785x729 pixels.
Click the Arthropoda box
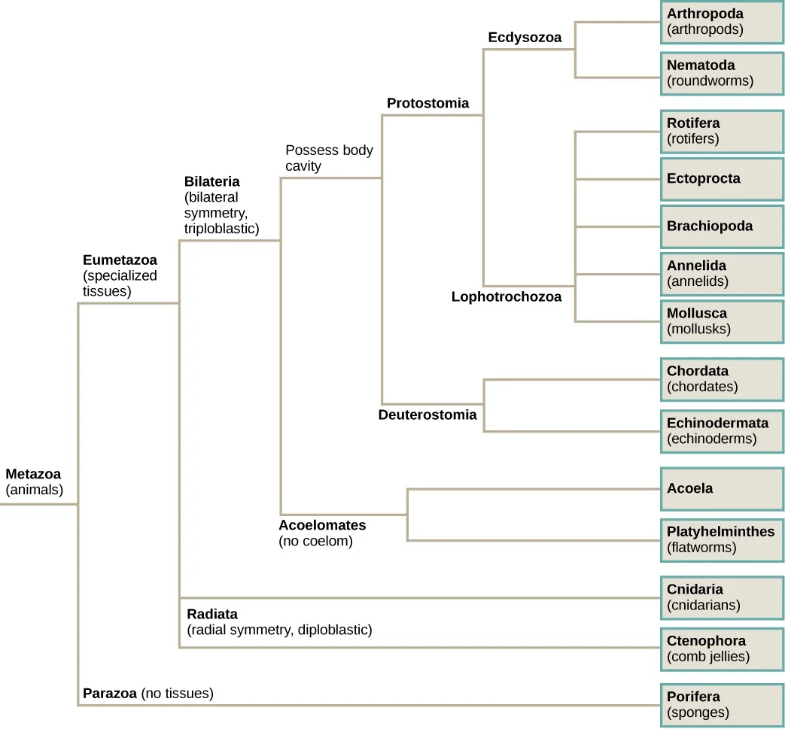pos(722,22)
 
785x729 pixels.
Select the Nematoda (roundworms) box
pos(722,73)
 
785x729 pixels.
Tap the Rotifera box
pos(722,131)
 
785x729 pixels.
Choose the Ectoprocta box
pos(722,179)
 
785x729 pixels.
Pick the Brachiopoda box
pos(722,226)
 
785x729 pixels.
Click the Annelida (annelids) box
pos(722,274)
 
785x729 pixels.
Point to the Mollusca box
pos(722,321)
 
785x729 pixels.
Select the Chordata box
pos(722,379)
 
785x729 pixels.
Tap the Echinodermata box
pos(722,431)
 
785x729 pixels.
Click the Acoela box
pos(722,489)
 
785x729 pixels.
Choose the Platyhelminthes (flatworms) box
pos(722,540)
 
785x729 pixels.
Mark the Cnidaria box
pos(722,597)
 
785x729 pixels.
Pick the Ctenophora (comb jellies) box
pos(722,649)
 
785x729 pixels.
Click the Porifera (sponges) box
pos(722,705)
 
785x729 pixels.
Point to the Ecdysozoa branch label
pos(525,38)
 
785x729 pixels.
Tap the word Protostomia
pos(427,103)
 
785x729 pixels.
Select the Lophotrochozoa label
pos(507,297)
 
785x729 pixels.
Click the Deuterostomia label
pos(427,415)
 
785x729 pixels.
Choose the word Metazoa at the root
pos(33,475)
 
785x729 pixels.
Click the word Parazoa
pos(109,694)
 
